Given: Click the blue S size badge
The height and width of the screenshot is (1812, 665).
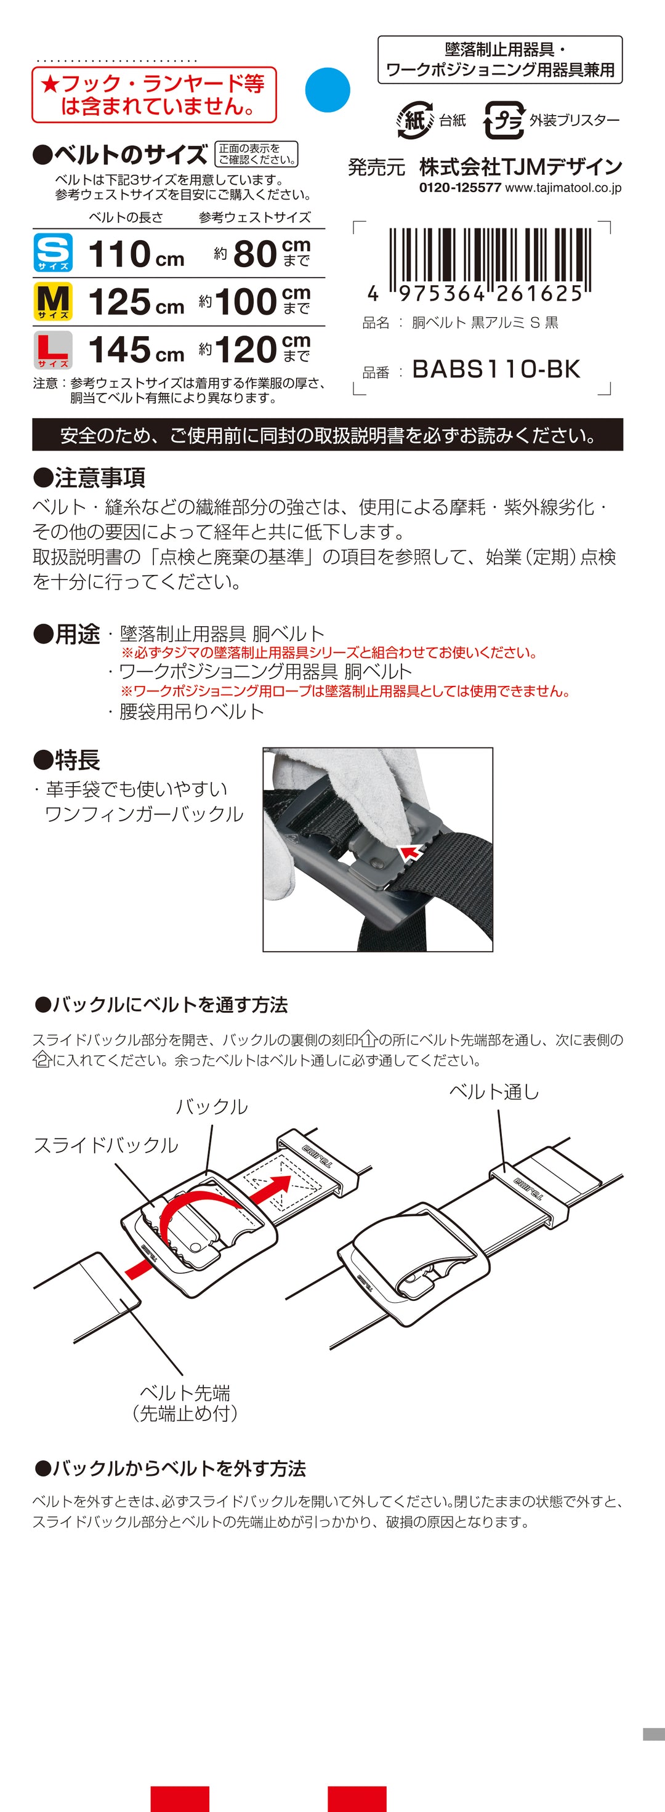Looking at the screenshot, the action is (x=54, y=252).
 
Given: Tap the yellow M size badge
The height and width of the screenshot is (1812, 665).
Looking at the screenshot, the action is (x=54, y=301).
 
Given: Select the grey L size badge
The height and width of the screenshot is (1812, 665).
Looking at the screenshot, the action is (x=54, y=350).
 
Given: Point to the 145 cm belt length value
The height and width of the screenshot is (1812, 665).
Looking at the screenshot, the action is (x=137, y=350).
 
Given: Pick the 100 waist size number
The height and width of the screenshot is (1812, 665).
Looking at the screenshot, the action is (x=246, y=302).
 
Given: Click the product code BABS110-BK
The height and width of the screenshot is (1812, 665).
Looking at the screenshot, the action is (x=496, y=369).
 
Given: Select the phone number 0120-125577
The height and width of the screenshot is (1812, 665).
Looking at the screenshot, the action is (x=460, y=188).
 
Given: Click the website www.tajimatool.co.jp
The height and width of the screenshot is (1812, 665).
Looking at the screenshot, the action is (x=563, y=188).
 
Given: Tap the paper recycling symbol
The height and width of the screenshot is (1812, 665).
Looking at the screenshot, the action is (x=414, y=120).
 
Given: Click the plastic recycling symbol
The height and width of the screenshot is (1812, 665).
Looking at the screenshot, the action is (x=504, y=120).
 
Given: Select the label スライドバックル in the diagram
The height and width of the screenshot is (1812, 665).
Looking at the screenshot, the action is (x=107, y=1145).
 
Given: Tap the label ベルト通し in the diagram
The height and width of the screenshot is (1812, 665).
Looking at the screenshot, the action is (x=494, y=1092).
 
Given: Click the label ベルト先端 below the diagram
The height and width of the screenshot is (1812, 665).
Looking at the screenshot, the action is (x=185, y=1392).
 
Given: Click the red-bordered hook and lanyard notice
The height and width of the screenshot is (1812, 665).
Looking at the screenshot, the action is (x=154, y=95).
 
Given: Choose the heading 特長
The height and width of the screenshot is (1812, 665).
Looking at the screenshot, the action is (x=67, y=760).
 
